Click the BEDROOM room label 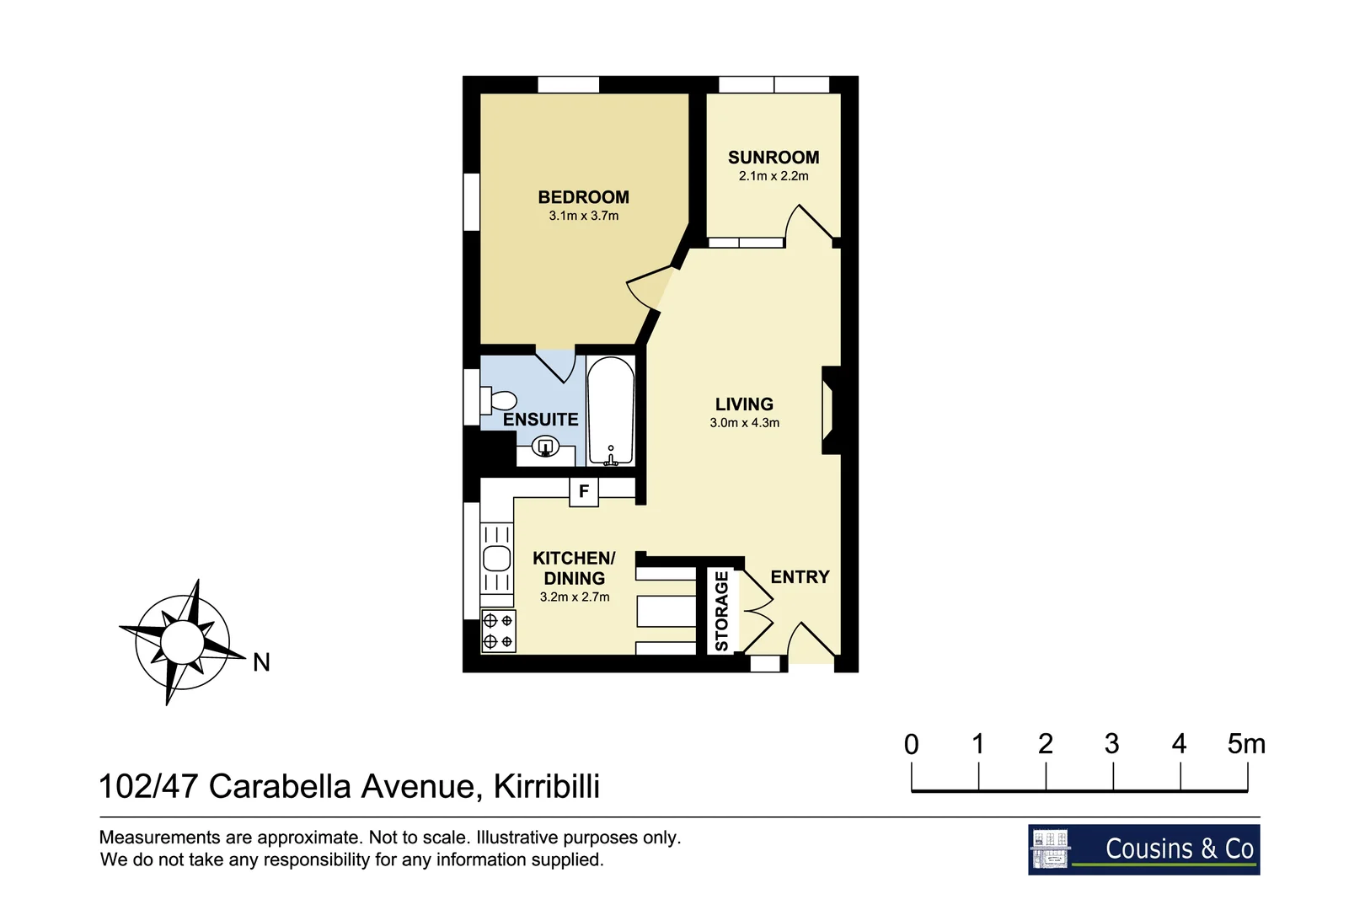pos(583,197)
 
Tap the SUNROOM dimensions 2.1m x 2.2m pos(773,176)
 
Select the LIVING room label pos(744,404)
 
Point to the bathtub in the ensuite pos(610,411)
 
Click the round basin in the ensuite pos(545,447)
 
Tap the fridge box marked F pos(584,491)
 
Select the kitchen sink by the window pos(497,558)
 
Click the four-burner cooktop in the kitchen pos(498,631)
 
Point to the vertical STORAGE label pos(721,612)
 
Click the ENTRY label pos(800,577)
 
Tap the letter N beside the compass pos(261,663)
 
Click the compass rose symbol pos(182,642)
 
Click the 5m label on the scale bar pos(1245,744)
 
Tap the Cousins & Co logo pos(1143,849)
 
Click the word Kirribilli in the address pos(547,786)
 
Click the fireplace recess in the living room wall pos(829,410)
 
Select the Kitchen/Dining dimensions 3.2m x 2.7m pos(575,597)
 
